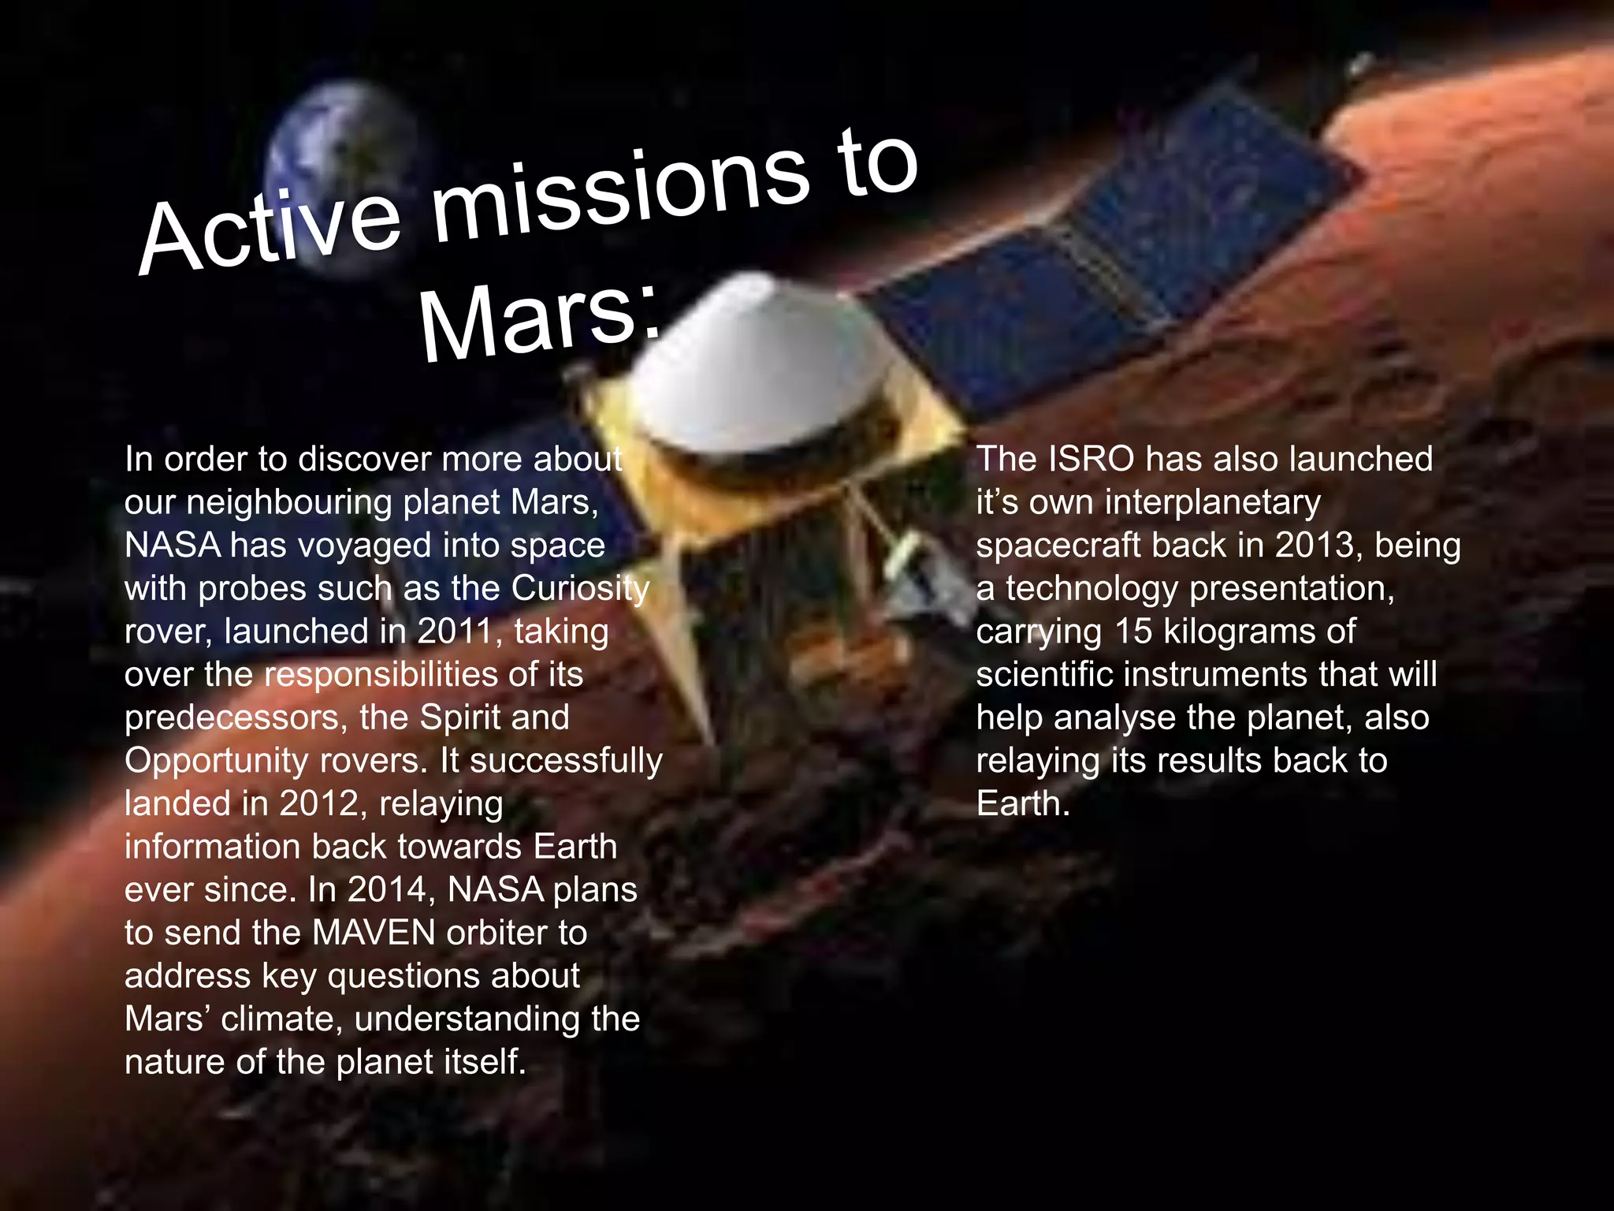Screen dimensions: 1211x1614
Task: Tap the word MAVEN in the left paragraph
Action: [x=374, y=933]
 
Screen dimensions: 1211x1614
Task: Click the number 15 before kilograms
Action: [x=1132, y=632]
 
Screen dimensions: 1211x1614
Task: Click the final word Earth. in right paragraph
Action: [x=1023, y=803]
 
